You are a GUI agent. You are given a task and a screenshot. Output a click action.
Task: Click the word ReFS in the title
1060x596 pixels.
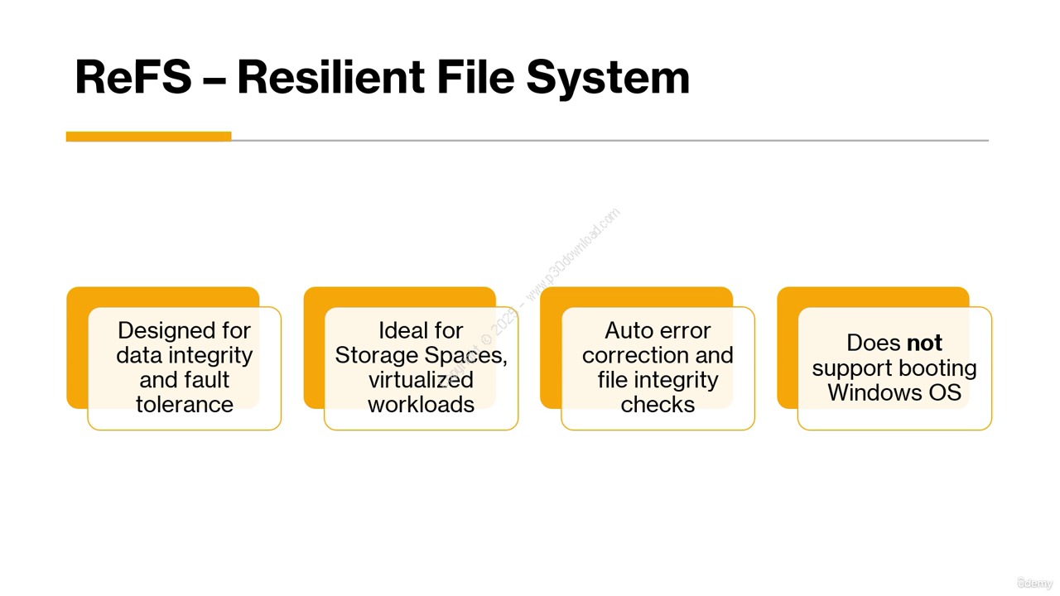tap(133, 77)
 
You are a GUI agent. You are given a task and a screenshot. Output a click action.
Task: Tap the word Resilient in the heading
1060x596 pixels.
tap(330, 77)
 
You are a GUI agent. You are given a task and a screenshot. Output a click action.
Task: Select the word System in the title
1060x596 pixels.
tap(608, 79)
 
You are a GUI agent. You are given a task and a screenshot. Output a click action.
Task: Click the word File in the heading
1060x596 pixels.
tap(475, 77)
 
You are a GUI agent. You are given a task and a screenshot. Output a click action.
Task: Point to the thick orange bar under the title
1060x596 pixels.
tap(148, 137)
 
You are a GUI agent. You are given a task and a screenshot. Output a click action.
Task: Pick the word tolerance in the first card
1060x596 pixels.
tap(185, 405)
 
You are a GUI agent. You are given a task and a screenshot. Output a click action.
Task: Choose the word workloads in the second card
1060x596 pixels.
tap(422, 405)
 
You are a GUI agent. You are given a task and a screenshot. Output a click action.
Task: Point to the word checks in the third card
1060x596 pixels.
tap(658, 405)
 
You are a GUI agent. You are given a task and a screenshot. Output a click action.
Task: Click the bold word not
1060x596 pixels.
tap(924, 343)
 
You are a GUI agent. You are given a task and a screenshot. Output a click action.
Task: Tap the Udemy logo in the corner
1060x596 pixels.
tap(1034, 583)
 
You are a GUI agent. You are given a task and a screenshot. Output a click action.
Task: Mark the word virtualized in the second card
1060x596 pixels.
tap(421, 380)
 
